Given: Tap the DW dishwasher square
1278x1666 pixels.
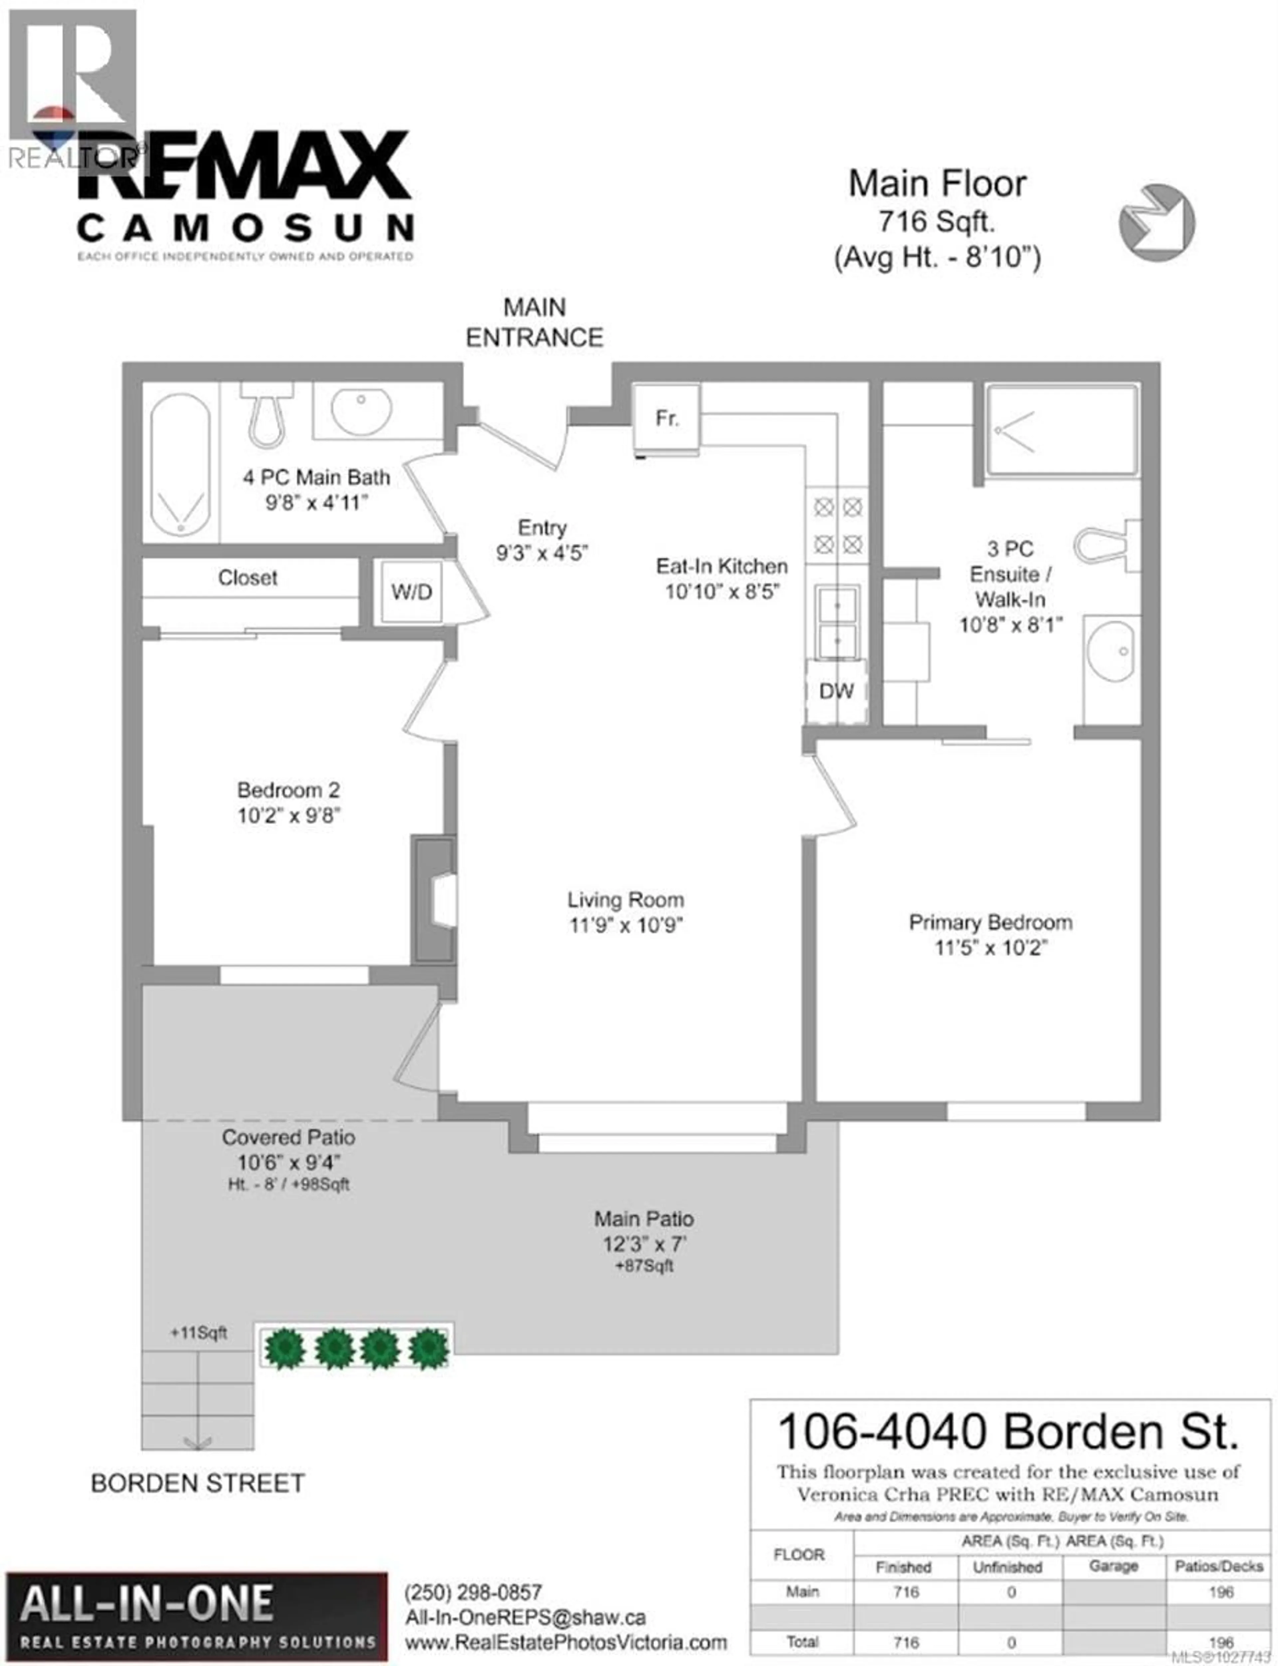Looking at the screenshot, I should click(836, 691).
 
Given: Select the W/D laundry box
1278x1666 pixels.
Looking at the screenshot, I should click(412, 592).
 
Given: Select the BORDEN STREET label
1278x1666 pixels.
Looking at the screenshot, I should click(198, 1483).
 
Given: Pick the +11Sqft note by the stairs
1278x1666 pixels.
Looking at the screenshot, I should click(199, 1332).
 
